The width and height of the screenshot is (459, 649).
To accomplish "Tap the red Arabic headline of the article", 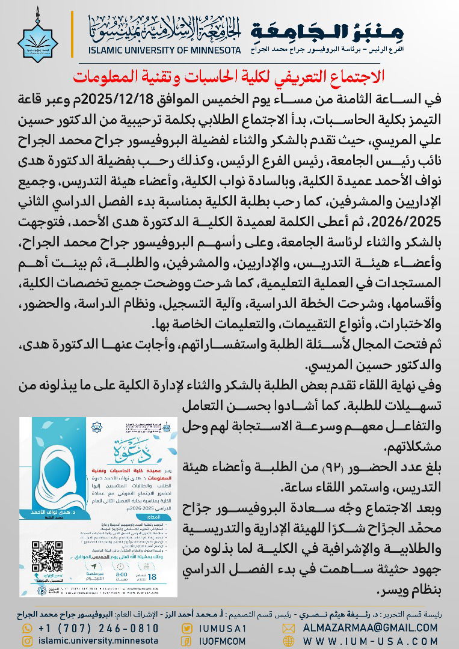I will [229, 76].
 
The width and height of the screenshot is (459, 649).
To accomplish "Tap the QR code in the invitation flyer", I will [46, 557].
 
